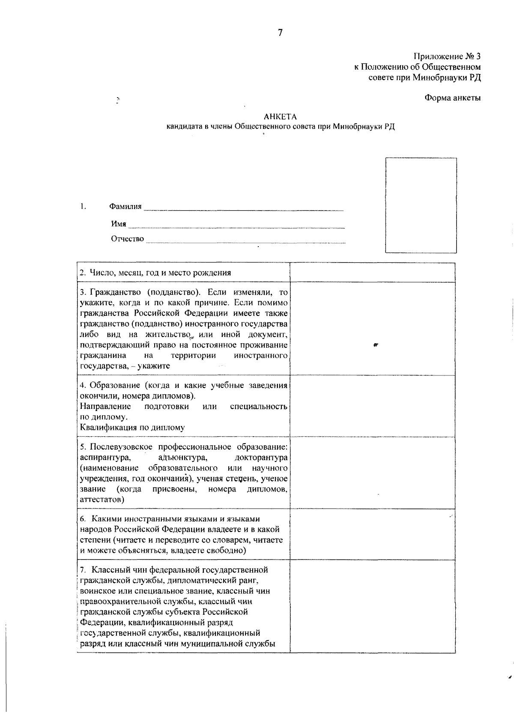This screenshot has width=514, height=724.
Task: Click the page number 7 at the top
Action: (x=280, y=33)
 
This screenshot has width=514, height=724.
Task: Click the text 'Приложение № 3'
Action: (x=447, y=57)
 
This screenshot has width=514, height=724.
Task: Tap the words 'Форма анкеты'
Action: (x=452, y=98)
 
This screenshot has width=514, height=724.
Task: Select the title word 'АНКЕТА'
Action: (x=280, y=116)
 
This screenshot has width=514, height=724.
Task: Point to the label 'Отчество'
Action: (x=128, y=239)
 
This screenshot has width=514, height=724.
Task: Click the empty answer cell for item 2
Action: (x=372, y=273)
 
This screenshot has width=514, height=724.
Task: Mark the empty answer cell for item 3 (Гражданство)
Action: (x=372, y=328)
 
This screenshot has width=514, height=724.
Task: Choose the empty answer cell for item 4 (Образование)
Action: (x=372, y=406)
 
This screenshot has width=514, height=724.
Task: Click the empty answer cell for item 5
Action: (x=372, y=473)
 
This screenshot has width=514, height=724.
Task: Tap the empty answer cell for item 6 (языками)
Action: (x=372, y=534)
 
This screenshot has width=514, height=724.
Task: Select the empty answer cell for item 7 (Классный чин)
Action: (x=372, y=606)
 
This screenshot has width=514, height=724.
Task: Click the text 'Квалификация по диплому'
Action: (x=132, y=427)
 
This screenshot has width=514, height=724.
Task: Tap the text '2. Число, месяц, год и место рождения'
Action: (x=155, y=273)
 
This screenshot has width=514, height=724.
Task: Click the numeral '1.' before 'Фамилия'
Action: (x=83, y=206)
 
